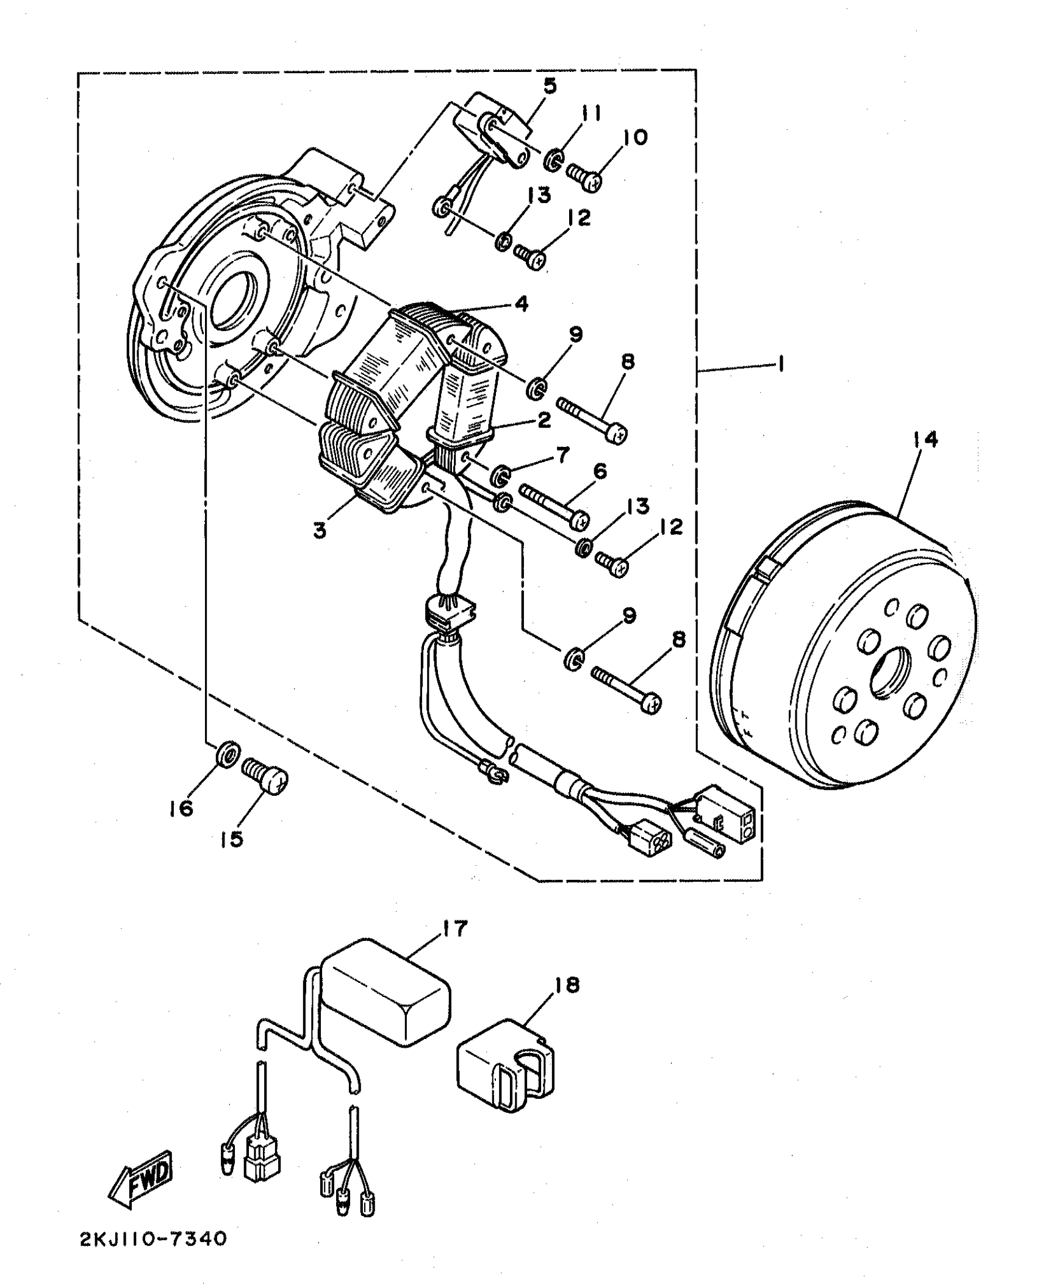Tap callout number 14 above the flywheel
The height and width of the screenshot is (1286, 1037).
(x=925, y=440)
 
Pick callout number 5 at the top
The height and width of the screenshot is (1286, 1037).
(x=550, y=86)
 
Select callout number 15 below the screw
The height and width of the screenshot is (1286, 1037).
(x=232, y=839)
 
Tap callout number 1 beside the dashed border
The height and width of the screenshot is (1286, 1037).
(x=780, y=365)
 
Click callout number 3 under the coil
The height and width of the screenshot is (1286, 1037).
(x=320, y=530)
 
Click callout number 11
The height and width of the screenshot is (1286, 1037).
(x=590, y=113)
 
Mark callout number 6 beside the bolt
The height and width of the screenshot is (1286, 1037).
(x=599, y=471)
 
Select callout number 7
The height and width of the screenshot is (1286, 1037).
(x=562, y=454)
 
